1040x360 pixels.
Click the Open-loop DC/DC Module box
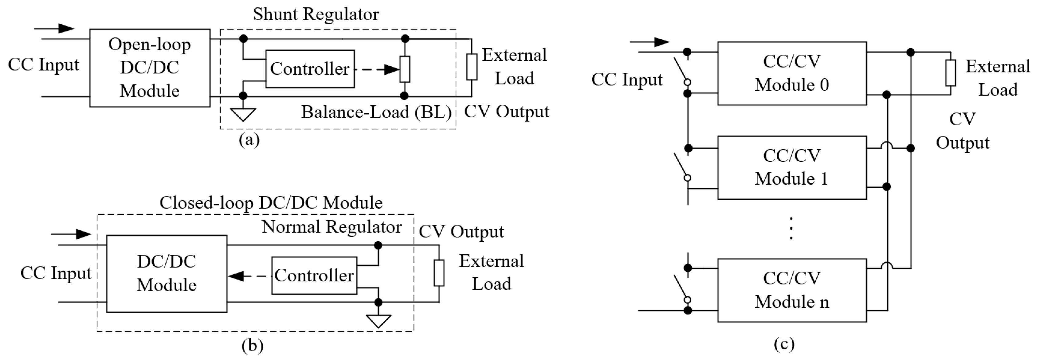pos(149,68)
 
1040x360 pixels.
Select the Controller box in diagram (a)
pos(310,69)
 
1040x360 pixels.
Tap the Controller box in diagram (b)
pos(314,276)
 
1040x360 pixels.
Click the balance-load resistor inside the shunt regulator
pos(405,69)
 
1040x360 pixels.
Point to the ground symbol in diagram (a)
pos(243,114)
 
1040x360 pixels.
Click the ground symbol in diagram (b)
pos(378,321)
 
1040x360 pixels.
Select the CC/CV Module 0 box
pos(792,73)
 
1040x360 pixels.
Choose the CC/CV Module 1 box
pos(792,167)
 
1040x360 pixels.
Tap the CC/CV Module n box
pos(792,290)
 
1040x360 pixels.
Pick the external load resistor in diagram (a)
pos(472,67)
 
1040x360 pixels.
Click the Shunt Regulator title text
pos(316,14)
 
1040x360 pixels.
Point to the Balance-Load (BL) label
pos(376,112)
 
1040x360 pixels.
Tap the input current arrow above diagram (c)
pos(650,42)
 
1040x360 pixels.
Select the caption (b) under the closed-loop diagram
pos(252,346)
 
